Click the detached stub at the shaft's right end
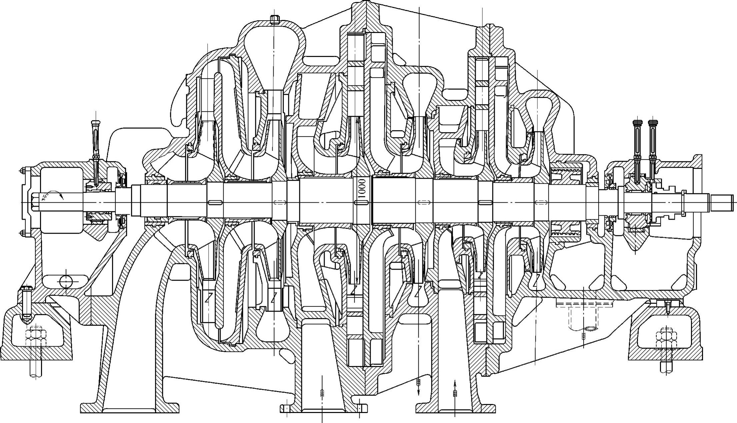722,202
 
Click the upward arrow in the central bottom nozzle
322,393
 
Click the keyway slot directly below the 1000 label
362,203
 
